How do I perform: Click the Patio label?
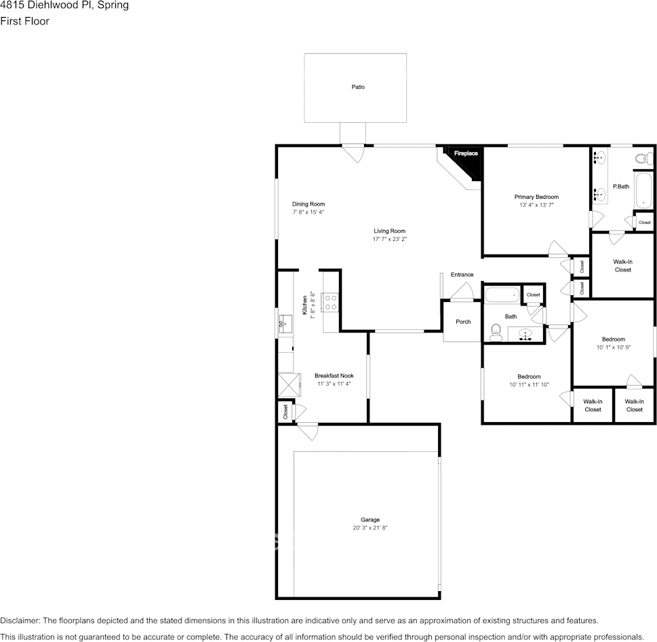click(358, 87)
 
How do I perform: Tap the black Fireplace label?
click(466, 153)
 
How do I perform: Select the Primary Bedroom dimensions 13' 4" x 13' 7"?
click(536, 205)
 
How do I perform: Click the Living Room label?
click(390, 231)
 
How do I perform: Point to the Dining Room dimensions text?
click(308, 212)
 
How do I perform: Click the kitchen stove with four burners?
click(330, 302)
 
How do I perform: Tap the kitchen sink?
click(285, 324)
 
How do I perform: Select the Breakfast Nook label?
click(334, 376)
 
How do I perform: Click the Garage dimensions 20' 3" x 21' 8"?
click(370, 528)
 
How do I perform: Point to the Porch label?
click(463, 322)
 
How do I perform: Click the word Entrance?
click(462, 275)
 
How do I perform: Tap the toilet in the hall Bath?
click(496, 332)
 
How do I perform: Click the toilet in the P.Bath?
click(644, 159)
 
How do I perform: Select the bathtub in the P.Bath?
click(643, 190)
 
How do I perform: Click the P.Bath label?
click(621, 186)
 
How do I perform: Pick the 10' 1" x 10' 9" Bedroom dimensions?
click(614, 347)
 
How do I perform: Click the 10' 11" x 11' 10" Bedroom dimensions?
click(529, 385)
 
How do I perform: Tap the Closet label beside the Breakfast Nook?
click(285, 412)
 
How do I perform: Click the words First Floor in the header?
click(24, 21)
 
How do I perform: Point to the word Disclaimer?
click(20, 620)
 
